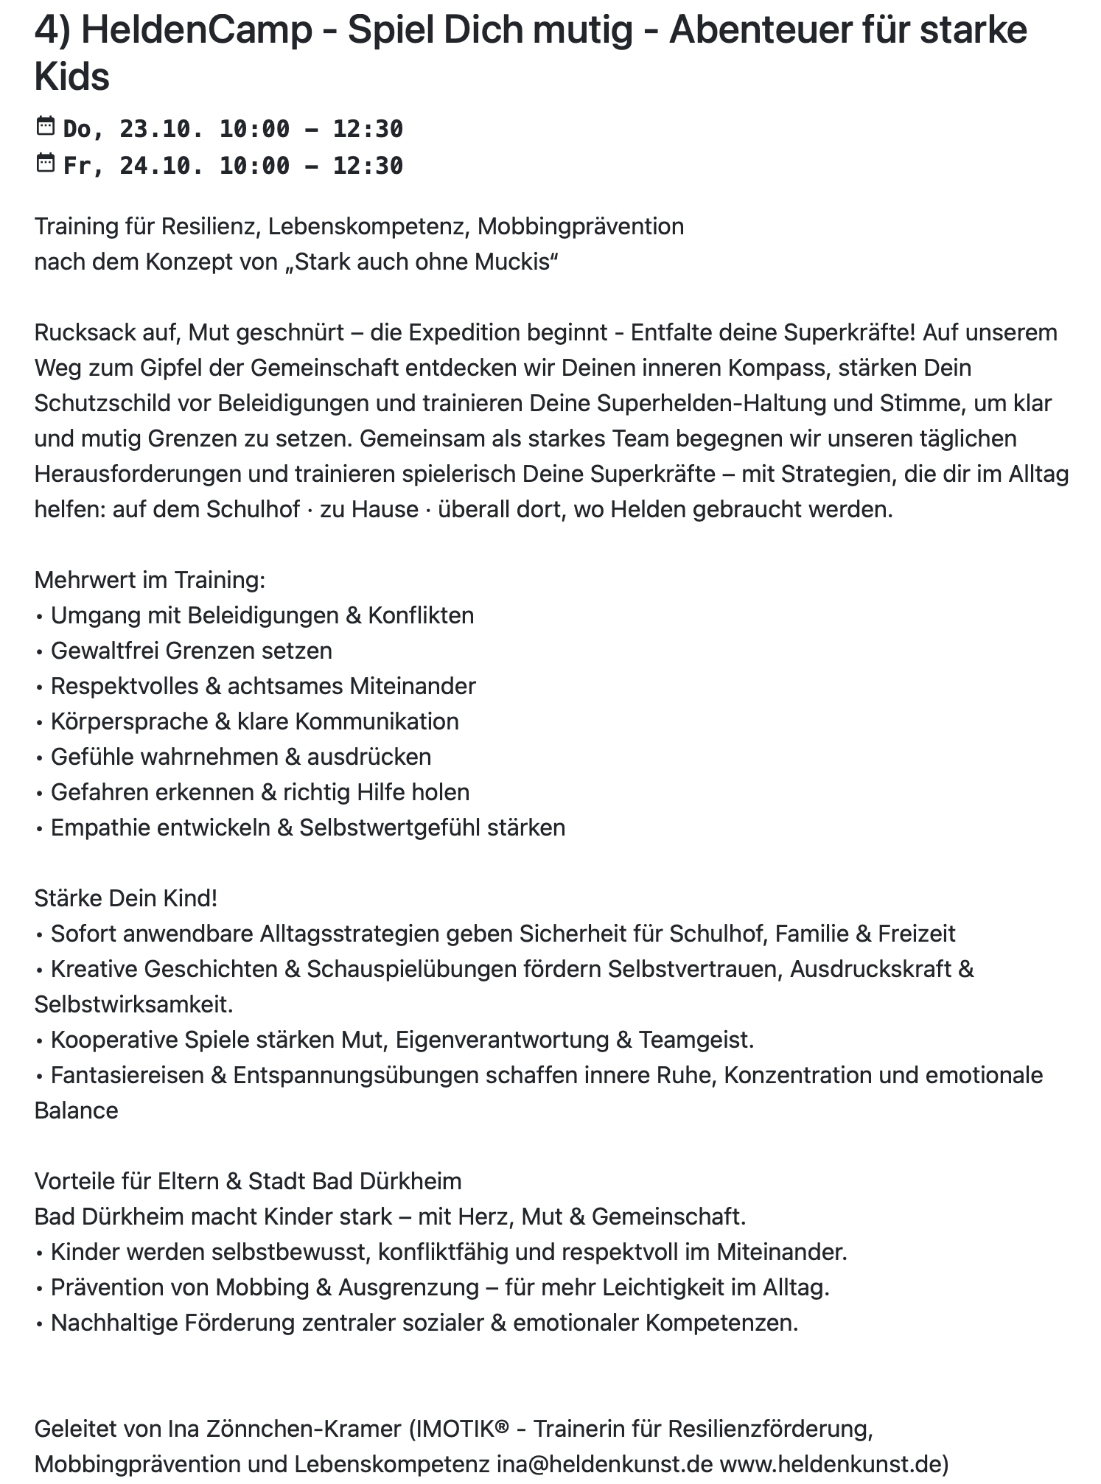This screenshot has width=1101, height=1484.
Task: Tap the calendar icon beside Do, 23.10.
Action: coord(46,127)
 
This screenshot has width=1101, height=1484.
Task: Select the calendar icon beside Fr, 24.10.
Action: coord(46,163)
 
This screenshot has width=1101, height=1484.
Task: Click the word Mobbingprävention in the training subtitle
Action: coord(580,226)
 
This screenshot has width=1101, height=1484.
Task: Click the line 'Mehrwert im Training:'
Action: coord(150,580)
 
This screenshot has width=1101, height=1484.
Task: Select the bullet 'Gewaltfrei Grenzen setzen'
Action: coord(191,651)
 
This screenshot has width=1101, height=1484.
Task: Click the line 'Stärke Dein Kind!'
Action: coord(126,898)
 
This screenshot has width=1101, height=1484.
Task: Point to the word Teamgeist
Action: coord(696,1040)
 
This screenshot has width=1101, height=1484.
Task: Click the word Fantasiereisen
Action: coord(127,1075)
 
